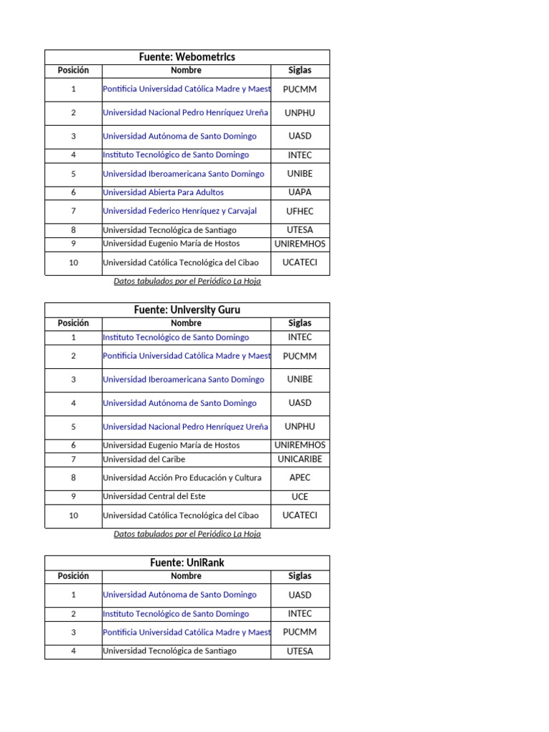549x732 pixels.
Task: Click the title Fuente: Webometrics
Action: tap(187, 57)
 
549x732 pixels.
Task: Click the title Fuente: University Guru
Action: tap(187, 310)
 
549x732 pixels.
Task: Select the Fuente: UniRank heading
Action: tap(187, 563)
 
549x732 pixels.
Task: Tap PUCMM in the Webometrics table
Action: tap(300, 90)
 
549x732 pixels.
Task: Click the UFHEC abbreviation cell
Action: tap(300, 212)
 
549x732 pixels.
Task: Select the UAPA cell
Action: tap(300, 192)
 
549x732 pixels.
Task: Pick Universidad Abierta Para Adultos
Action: tap(163, 192)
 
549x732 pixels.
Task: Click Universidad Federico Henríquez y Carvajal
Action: tap(179, 211)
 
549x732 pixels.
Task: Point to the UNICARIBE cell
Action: tap(300, 460)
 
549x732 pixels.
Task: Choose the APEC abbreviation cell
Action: tap(300, 478)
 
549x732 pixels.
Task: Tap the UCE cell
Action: tap(300, 497)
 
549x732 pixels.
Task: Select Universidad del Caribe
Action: tap(147, 460)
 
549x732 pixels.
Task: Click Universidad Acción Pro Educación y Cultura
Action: tap(182, 478)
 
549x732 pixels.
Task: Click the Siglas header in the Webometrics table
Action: tap(300, 71)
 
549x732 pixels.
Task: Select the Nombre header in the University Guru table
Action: tap(186, 324)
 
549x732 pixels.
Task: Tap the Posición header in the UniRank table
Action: tap(73, 576)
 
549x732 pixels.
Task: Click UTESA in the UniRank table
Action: tap(300, 652)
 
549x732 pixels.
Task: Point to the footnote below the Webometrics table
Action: tap(187, 282)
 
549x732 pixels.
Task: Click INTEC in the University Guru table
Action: tap(300, 337)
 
